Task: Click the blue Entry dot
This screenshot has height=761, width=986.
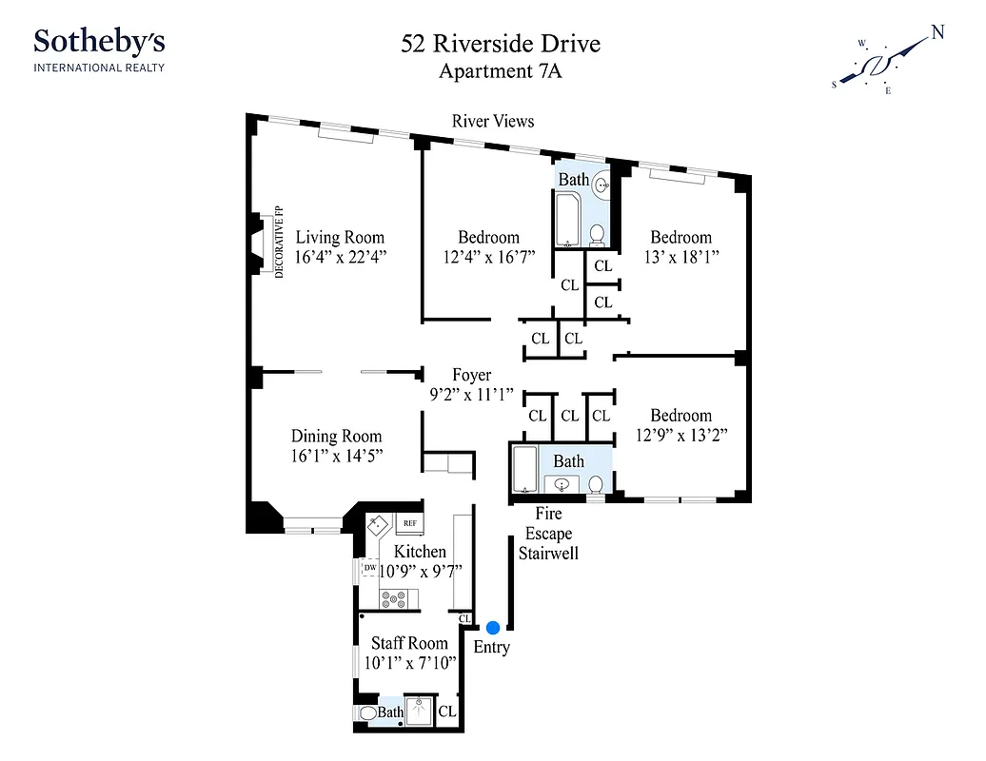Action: tap(493, 628)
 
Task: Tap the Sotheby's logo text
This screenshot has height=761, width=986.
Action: tap(99, 42)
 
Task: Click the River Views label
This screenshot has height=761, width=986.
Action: tap(493, 121)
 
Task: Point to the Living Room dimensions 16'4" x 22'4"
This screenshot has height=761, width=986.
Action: tap(340, 257)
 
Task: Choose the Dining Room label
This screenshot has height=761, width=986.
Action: tap(336, 437)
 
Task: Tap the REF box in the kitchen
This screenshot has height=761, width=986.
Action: tap(410, 523)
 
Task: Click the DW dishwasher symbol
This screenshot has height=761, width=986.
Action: tap(369, 569)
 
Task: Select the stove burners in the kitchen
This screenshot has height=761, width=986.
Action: tap(394, 599)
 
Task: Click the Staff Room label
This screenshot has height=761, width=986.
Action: tap(409, 643)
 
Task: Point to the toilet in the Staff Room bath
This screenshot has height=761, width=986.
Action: tap(367, 712)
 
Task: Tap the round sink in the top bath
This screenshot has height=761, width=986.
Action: tap(601, 186)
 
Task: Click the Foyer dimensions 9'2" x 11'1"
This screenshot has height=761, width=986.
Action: tap(471, 394)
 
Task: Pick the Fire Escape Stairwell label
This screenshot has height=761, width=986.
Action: tap(548, 534)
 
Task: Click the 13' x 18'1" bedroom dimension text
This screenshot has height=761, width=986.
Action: tap(680, 257)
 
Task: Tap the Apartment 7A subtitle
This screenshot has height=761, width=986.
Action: tap(500, 71)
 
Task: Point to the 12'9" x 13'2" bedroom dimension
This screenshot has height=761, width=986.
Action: tap(680, 435)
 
